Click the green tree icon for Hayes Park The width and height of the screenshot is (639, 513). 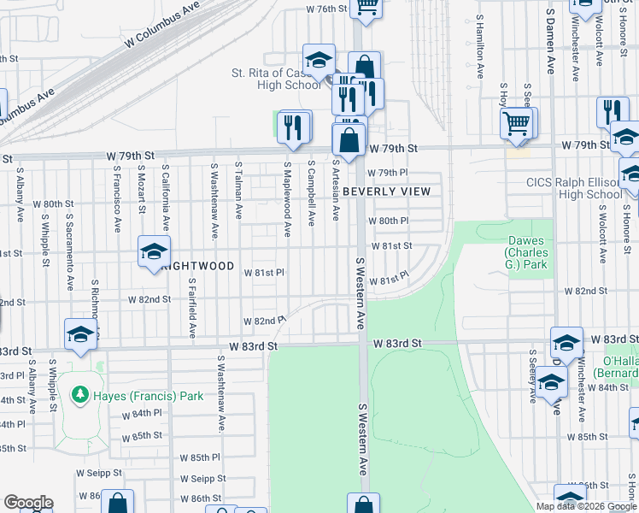80,395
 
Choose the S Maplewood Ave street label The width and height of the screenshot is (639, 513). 288,198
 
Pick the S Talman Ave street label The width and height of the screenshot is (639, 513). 239,190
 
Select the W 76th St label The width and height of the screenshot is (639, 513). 328,9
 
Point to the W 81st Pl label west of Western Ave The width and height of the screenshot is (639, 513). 263,273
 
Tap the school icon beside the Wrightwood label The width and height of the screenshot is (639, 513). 154,252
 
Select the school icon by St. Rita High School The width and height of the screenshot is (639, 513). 319,61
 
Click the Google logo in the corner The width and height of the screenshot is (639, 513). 27,503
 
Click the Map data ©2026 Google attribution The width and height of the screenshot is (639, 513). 585,506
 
